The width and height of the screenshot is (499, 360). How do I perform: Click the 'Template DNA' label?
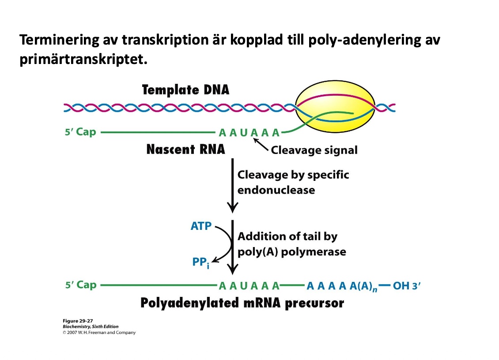pyautogui.click(x=185, y=90)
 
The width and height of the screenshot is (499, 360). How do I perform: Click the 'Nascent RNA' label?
pyautogui.click(x=185, y=150)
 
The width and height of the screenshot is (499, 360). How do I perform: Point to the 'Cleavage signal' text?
pyautogui.click(x=314, y=150)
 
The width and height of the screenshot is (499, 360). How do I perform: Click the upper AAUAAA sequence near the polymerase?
pyautogui.click(x=249, y=132)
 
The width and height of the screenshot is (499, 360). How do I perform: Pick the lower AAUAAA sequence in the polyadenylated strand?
pyautogui.click(x=249, y=285)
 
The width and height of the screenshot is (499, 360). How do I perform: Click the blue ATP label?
pyautogui.click(x=201, y=226)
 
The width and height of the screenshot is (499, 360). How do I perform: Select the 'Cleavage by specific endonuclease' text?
pyautogui.click(x=293, y=182)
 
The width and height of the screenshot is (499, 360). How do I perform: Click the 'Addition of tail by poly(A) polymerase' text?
pyautogui.click(x=291, y=244)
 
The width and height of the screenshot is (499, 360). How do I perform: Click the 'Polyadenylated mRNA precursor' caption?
pyautogui.click(x=242, y=304)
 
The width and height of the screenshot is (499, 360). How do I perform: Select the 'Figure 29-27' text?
pyautogui.click(x=77, y=321)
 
